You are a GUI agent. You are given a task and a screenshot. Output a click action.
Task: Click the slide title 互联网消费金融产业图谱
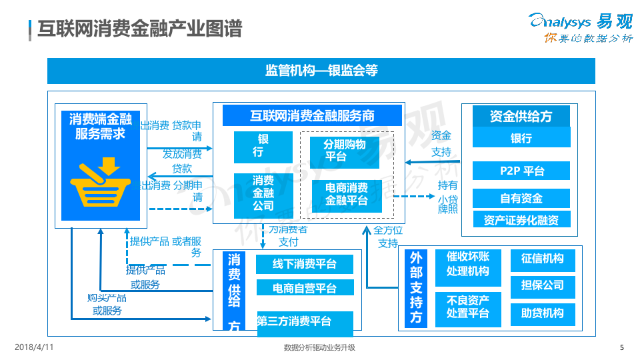coord(139,29)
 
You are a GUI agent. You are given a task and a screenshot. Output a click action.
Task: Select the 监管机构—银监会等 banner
coord(321,71)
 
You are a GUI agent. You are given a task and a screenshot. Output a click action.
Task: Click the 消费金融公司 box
coord(263,193)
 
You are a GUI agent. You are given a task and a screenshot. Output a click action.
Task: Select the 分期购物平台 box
coord(345,151)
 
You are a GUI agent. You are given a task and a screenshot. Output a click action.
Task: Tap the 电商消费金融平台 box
coord(347,194)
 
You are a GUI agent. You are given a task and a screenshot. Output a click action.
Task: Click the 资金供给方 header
coord(521,116)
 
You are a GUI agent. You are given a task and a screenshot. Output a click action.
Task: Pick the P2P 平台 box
coord(522,171)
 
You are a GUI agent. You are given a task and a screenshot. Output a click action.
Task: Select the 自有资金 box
coord(521,198)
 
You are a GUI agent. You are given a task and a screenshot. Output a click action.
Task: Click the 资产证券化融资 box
coord(521,220)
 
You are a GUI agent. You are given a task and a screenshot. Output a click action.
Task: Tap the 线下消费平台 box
coord(304,264)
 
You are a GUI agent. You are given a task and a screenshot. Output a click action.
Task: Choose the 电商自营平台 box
coord(304,288)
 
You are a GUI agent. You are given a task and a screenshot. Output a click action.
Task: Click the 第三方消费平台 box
coord(304,322)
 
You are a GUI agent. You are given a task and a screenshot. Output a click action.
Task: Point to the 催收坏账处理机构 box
coord(467,265)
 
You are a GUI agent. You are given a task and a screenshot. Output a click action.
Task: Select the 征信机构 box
coord(542,259)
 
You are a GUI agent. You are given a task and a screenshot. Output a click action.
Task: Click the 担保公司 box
coord(542,285)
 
